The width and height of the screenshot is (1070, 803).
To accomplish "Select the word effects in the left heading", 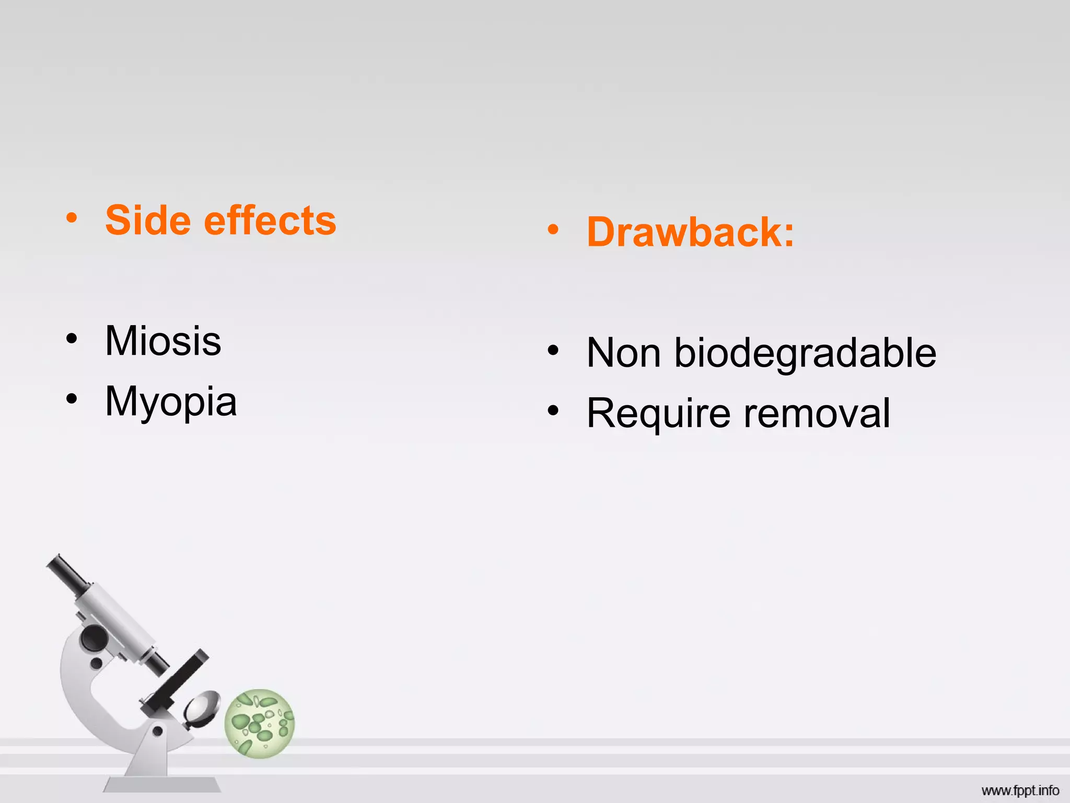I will point(270,221).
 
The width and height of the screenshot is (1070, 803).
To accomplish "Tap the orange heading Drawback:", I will point(690,232).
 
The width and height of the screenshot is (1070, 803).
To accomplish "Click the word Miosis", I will point(163,341).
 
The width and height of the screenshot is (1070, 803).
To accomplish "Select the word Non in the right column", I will point(624,353).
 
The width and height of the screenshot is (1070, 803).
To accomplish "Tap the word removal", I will point(817,414).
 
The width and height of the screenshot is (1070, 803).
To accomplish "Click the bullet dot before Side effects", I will point(72,218).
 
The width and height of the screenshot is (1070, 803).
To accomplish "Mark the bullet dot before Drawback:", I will point(553,230).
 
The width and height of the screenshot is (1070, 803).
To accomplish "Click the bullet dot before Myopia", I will point(72,399).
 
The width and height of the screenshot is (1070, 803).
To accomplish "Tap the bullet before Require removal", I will point(553,411).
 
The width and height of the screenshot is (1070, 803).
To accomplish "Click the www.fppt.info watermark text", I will point(1020,790).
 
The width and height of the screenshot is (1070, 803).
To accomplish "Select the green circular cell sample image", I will point(260,724).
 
